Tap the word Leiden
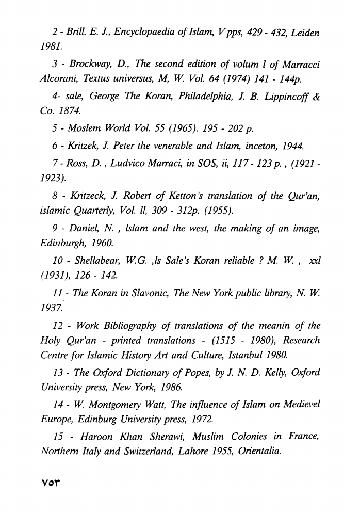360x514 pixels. pyautogui.click(x=304, y=32)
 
